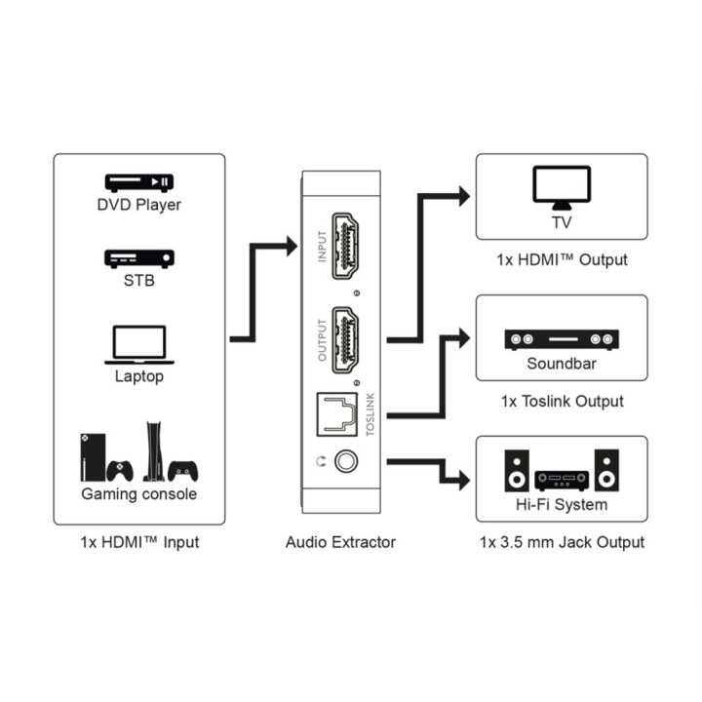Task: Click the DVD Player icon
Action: [x=138, y=181]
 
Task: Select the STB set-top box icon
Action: [x=138, y=258]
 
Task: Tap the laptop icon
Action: [x=138, y=344]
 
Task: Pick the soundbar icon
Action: [x=562, y=339]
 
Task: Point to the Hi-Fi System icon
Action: [x=562, y=470]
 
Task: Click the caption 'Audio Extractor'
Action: [x=340, y=542]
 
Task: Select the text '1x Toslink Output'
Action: [x=562, y=401]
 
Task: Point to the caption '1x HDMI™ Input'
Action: [x=138, y=542]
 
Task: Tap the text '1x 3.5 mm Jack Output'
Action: [x=562, y=542]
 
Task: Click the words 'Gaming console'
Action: [x=138, y=493]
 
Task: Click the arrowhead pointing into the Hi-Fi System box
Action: [x=464, y=480]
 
